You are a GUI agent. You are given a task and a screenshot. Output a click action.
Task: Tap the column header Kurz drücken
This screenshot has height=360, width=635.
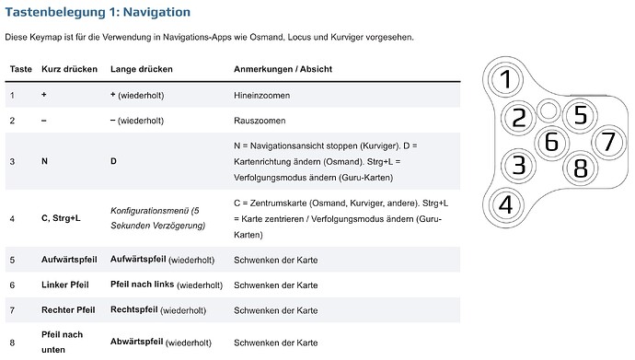click(70, 69)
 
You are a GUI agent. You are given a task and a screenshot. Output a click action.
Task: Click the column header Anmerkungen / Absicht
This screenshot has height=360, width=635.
click(283, 69)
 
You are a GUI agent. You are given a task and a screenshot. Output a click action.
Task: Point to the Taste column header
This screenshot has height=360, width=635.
click(21, 69)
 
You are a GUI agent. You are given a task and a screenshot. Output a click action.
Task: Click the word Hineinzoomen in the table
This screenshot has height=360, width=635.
click(262, 95)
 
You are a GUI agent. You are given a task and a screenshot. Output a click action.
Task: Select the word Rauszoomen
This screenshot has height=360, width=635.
click(260, 120)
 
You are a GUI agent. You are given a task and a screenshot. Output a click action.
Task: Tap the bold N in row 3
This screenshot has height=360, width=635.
click(45, 160)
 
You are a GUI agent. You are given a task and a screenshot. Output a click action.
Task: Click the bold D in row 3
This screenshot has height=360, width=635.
click(113, 160)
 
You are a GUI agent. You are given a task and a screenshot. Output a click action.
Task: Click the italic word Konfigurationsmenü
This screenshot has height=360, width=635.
click(152, 210)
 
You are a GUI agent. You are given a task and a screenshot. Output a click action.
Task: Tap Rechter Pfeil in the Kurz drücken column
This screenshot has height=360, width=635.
click(69, 309)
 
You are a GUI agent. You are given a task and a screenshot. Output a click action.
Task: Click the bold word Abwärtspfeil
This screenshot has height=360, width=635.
click(136, 341)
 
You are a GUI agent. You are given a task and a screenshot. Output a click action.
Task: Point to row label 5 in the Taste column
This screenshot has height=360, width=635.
click(12, 261)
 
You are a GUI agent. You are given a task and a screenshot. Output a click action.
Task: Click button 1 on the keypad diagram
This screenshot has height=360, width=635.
click(504, 81)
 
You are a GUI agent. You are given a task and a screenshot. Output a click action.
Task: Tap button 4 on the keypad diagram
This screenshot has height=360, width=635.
click(504, 203)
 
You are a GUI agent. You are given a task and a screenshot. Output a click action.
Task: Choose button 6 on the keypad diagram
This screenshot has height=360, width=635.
click(551, 142)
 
